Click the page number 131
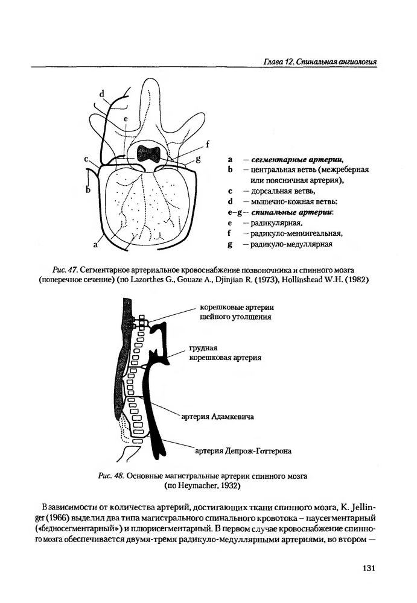point(369,568)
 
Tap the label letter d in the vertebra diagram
point(102,94)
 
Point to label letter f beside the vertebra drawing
point(208,144)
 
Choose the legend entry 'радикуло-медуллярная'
point(291,244)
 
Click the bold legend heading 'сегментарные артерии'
point(296,159)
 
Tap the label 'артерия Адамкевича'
point(217,417)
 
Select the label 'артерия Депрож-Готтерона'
point(243,450)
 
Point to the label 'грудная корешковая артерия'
point(225,353)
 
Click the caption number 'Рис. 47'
point(66,270)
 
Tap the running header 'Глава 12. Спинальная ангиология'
point(320,62)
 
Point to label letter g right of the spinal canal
point(199,159)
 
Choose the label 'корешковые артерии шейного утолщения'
point(237,312)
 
